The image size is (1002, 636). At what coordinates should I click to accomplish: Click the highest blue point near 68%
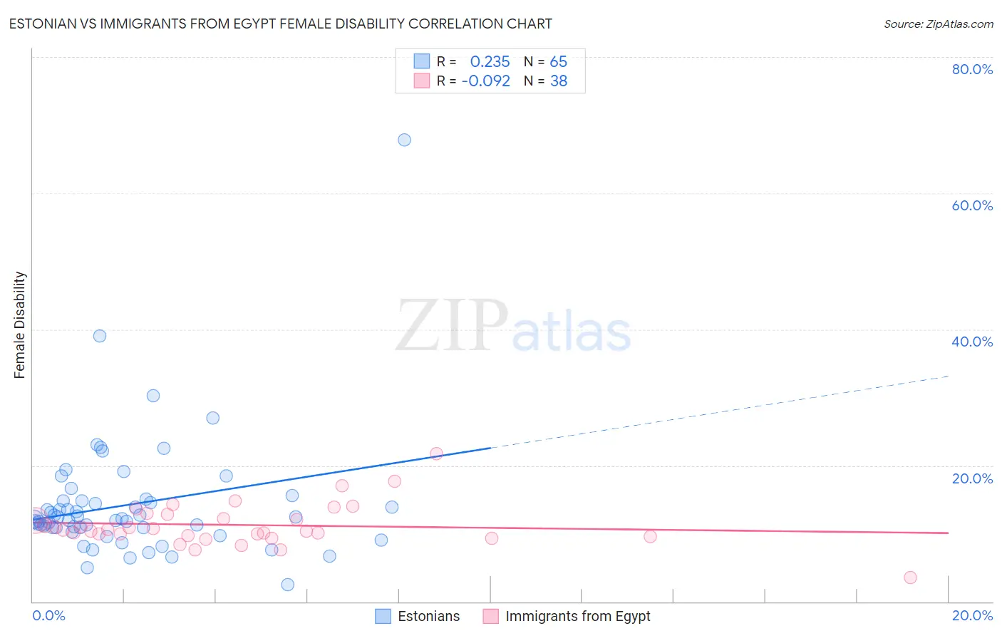[404, 140]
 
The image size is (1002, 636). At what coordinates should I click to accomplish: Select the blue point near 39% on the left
[100, 336]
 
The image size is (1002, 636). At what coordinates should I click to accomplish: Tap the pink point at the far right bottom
[910, 578]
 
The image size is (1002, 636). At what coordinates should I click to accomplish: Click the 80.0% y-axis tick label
[972, 69]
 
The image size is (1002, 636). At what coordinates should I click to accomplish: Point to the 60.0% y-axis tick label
[972, 205]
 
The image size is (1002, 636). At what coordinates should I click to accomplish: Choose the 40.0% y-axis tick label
[972, 342]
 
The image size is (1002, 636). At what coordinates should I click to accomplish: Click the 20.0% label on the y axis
[972, 478]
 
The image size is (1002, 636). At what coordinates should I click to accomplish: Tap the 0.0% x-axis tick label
[48, 615]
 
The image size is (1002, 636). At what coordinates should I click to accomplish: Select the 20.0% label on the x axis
[972, 615]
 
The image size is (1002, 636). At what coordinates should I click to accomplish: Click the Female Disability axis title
[20, 324]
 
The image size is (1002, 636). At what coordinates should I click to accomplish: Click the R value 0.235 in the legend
[490, 62]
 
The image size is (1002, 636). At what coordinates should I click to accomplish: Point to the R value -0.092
[486, 81]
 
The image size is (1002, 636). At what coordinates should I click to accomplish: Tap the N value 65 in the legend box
[558, 62]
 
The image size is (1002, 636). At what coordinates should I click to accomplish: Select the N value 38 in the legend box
[558, 81]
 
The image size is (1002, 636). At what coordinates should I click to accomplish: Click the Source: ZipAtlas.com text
[938, 24]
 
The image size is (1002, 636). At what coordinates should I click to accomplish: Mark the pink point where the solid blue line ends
[436, 453]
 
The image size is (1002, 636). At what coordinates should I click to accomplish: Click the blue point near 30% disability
[153, 396]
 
